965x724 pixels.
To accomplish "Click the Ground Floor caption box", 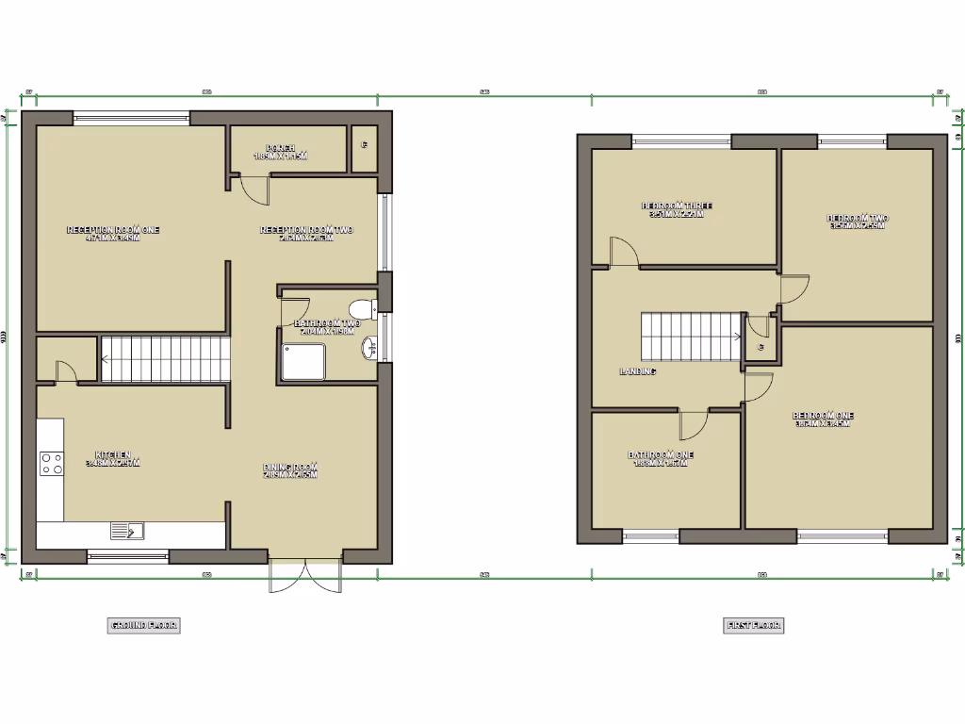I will (x=144, y=625).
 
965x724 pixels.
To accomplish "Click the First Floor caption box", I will (x=754, y=625).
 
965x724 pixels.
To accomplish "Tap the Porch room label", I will (x=281, y=152).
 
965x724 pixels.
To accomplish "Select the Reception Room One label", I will (x=112, y=233).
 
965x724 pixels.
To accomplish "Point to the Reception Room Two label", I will (x=306, y=233).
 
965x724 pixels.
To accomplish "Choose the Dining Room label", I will (x=290, y=470).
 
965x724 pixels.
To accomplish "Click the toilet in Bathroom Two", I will (x=361, y=307).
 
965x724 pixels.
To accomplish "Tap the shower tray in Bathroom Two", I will (x=303, y=361).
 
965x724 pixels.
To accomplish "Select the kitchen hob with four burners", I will (x=51, y=463).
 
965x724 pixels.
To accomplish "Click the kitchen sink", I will (x=127, y=532).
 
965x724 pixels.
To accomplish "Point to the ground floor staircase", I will (x=165, y=359).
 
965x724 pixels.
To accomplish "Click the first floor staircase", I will (x=691, y=336).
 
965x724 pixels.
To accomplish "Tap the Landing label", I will (x=637, y=371).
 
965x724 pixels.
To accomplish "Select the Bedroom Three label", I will (x=677, y=209).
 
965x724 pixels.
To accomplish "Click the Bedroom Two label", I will (x=858, y=222).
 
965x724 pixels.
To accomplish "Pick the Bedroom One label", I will (x=823, y=419).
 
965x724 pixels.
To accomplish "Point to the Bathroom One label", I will (x=661, y=458).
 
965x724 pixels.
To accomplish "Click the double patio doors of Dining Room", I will (x=304, y=577).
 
